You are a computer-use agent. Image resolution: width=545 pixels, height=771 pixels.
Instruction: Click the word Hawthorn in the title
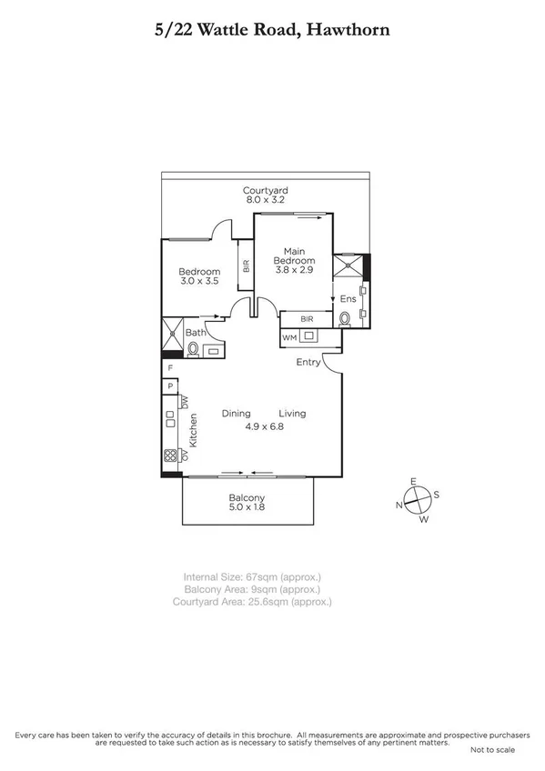click(x=350, y=30)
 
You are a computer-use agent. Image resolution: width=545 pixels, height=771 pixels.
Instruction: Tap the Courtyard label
click(x=265, y=190)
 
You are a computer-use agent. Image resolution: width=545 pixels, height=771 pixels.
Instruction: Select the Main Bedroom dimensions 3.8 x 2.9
click(x=293, y=268)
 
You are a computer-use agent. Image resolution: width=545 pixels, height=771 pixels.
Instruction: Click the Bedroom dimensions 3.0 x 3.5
click(x=199, y=281)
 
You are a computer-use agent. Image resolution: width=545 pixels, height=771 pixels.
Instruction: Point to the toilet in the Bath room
click(x=193, y=349)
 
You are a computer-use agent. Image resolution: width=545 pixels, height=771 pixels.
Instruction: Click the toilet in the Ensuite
click(x=346, y=319)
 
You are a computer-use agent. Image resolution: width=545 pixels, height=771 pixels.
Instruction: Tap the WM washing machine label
click(x=289, y=338)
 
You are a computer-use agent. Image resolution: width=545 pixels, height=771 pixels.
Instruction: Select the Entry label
click(x=308, y=362)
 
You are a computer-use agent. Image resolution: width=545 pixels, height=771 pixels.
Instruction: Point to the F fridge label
click(x=169, y=368)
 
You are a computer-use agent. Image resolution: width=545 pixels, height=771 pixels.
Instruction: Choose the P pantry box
click(x=169, y=387)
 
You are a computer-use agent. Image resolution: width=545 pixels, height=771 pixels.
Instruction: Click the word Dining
click(x=236, y=414)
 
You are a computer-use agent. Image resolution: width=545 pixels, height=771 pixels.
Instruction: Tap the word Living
click(x=292, y=414)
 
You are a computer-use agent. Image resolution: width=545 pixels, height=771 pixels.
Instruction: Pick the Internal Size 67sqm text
click(x=252, y=576)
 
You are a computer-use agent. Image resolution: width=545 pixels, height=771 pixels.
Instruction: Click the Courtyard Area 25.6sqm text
click(x=257, y=602)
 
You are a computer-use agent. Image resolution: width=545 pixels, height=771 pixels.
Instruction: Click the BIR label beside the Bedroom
click(x=246, y=267)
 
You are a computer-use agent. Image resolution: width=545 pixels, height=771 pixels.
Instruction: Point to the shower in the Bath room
click(x=172, y=334)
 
